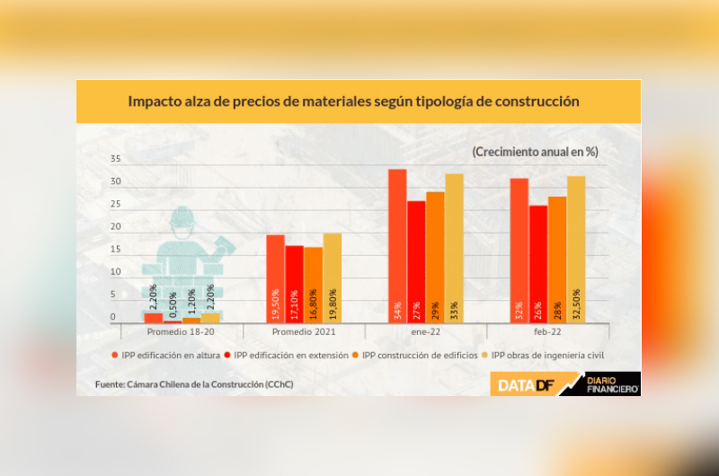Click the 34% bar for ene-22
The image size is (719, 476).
click(397, 245)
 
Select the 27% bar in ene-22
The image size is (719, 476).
click(416, 261)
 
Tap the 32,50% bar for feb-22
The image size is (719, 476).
click(575, 249)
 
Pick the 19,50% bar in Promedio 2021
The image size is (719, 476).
click(275, 278)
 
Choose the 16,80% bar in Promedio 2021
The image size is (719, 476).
click(313, 285)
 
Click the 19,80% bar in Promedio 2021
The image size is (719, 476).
click(332, 278)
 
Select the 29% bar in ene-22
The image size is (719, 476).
click(435, 257)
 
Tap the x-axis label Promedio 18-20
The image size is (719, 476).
click(182, 332)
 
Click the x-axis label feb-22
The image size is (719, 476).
click(548, 332)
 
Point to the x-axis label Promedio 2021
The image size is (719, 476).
click(304, 332)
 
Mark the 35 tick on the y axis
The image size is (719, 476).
click(115, 159)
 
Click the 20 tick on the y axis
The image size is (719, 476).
click(115, 226)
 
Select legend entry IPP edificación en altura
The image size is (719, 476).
click(168, 355)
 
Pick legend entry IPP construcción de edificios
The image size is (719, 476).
click(417, 355)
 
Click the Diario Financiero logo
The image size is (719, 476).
click(611, 384)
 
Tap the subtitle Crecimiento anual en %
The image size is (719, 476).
click(535, 152)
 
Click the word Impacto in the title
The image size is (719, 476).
click(155, 101)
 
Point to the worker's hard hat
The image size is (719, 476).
click(182, 217)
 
